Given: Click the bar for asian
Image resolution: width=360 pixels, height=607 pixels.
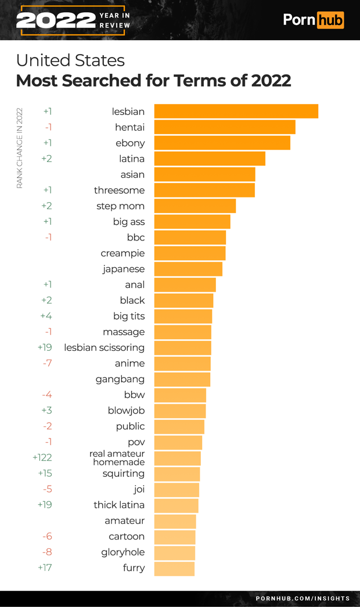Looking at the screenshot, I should pos(204,174).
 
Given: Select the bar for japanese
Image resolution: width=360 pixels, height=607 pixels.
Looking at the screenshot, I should pos(188,269).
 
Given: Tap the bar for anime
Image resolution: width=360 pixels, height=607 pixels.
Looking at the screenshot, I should pos(182,364).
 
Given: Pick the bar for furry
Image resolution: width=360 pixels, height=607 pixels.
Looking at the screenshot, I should pos(174,568).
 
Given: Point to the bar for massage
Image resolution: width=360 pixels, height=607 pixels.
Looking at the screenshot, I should pos(182,332).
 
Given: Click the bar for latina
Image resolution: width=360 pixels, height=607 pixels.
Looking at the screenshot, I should pos(210,159).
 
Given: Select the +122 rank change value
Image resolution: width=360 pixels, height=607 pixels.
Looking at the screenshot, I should pos(42,458).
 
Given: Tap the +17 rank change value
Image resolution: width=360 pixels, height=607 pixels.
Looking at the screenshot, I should pos(45,568).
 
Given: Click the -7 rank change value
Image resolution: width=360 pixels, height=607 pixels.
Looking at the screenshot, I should pos(47,363).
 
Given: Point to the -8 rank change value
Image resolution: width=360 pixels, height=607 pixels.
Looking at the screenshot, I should pos(47,552).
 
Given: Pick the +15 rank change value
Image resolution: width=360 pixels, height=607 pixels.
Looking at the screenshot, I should pos(45,473).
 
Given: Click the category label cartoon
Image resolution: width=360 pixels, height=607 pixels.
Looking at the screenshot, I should pos(127,536).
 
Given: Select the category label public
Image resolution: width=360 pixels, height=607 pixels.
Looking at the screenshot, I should pos(130,426).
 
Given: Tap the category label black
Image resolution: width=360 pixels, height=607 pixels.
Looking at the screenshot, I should pos(132,300).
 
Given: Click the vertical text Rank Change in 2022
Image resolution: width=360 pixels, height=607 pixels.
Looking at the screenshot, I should pos(19,148).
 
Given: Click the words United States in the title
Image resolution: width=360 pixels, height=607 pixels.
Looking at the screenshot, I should pos(70,60).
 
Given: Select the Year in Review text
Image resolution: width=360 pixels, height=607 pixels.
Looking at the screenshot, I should pos(114,20).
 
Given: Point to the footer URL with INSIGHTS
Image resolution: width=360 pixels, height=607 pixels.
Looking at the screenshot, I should pos(303,598).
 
